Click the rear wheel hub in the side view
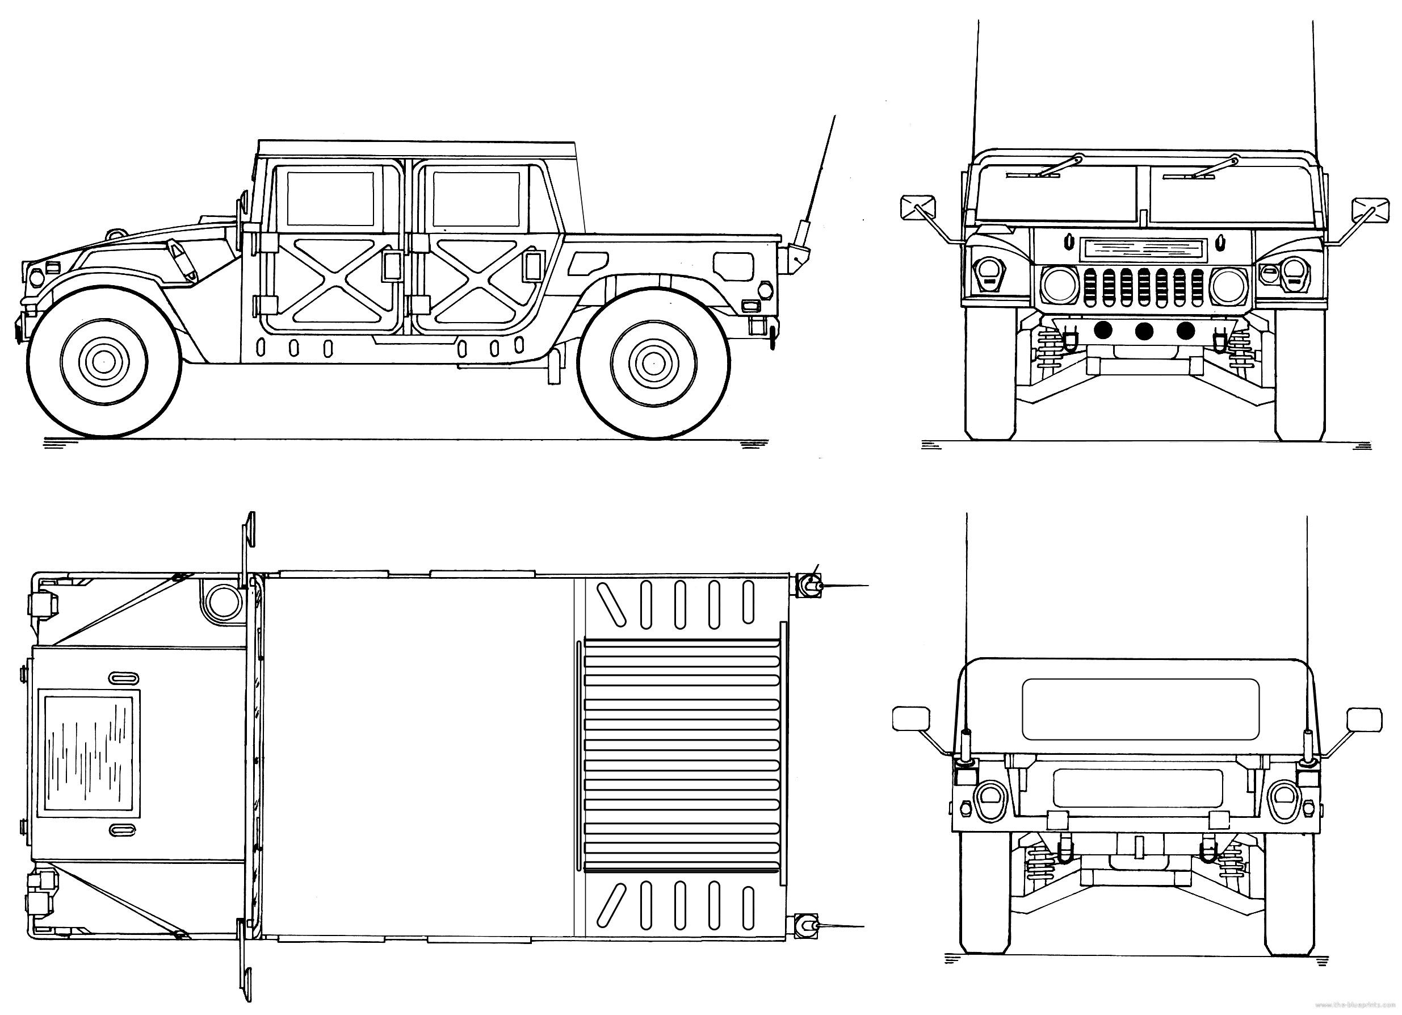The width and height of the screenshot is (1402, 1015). click(652, 364)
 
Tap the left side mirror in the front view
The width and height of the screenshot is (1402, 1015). click(918, 207)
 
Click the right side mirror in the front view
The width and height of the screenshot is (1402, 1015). click(1370, 210)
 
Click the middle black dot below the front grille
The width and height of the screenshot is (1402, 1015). click(1144, 331)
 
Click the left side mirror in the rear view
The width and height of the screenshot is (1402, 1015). click(911, 718)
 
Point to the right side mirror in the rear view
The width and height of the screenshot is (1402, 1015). click(1363, 719)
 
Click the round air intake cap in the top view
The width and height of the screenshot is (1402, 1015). click(220, 600)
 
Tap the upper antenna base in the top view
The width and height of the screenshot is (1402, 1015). click(807, 584)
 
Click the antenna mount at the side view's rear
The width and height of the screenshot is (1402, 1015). click(797, 253)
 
